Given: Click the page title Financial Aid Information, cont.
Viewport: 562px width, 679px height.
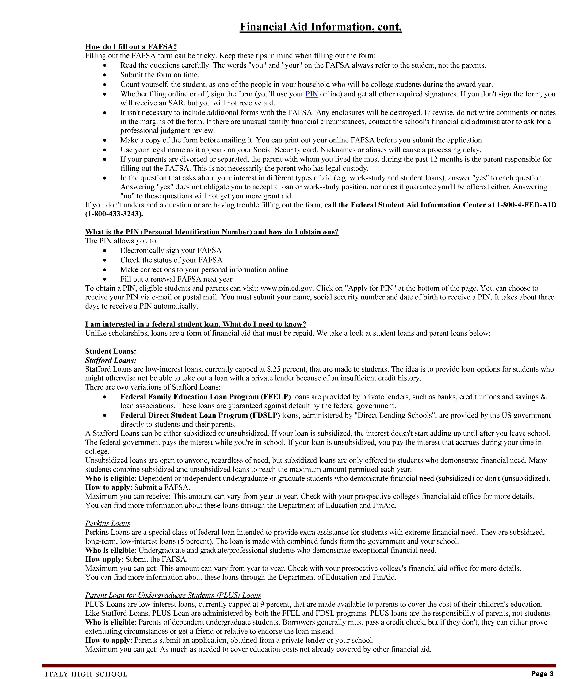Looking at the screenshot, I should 320,27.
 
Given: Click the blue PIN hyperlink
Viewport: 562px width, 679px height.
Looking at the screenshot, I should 312,94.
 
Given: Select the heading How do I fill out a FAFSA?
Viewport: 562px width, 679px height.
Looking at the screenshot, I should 131,46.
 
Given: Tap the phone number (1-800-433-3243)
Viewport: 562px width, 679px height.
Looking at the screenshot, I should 114,214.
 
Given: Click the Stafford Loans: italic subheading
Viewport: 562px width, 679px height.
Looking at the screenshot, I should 111,360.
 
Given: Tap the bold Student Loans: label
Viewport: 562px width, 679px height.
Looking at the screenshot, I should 111,351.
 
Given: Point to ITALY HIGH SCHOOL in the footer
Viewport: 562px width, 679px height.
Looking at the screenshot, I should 86,674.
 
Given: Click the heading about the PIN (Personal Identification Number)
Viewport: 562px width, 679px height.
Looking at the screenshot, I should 212,232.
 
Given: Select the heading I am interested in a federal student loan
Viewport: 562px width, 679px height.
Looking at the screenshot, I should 195,324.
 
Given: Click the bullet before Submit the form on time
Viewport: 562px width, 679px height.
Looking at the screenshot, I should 104,75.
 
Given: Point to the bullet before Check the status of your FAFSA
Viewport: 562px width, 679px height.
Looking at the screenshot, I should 104,260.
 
